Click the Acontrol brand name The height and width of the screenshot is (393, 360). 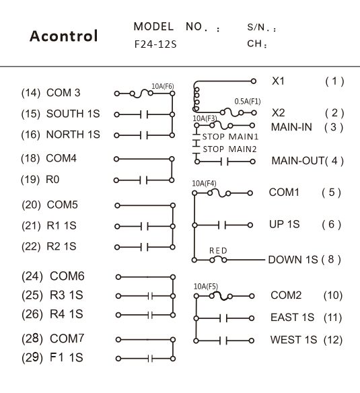point(64,36)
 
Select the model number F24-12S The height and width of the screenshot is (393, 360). point(155,44)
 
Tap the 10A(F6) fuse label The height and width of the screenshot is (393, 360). point(163,86)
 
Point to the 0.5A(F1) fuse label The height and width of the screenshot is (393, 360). point(248,102)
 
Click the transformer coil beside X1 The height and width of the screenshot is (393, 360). point(196,99)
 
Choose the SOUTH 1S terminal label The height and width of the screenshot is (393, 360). point(73,114)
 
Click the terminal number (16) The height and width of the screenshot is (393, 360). point(30,135)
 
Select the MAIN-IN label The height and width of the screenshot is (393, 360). point(291,127)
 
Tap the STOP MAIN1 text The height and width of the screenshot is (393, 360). point(230,137)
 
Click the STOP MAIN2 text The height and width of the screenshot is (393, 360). point(229,149)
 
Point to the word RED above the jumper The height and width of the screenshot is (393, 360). point(218,250)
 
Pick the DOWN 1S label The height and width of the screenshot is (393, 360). point(293,260)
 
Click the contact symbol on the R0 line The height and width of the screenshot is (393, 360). point(143,180)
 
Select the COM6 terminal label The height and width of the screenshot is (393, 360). point(67,276)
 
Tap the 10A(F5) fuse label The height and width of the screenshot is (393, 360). point(206,286)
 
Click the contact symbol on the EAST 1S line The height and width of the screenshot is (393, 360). point(223,318)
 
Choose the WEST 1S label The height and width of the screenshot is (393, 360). point(293,340)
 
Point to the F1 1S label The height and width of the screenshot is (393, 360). point(66,357)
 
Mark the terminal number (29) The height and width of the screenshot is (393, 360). point(32,357)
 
